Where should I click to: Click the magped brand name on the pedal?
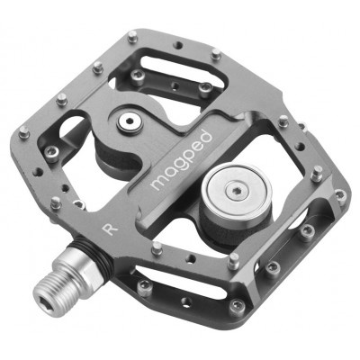click(182, 160)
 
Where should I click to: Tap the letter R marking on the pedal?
click(110, 229)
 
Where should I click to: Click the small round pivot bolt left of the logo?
click(130, 121)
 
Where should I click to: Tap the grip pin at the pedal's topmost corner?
click(132, 37)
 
